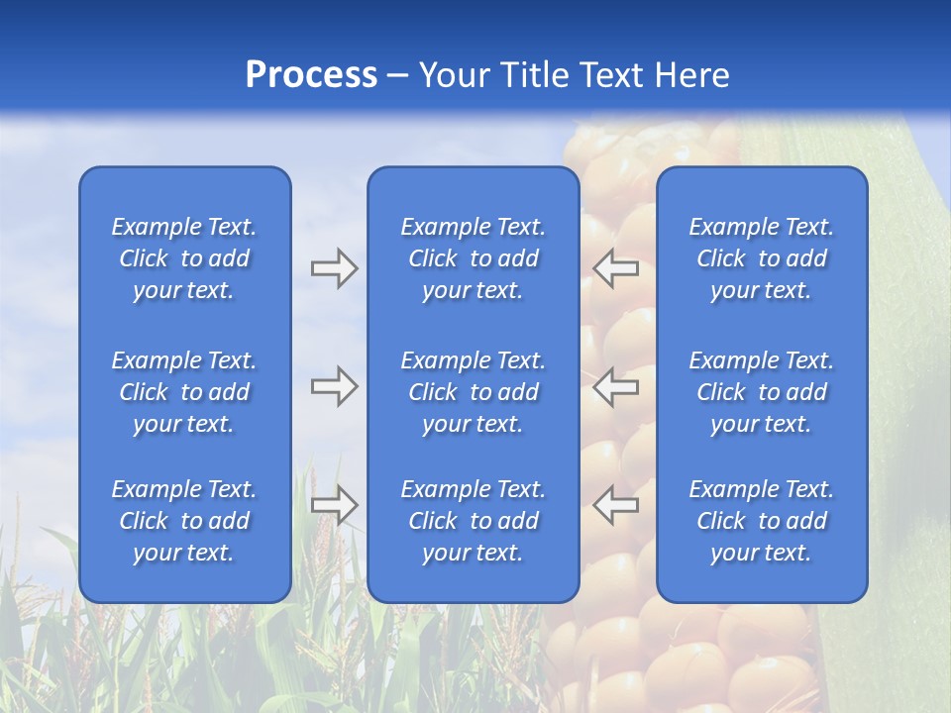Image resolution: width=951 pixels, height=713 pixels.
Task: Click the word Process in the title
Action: tap(311, 75)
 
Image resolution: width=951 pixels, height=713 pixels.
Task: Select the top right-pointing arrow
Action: tap(334, 268)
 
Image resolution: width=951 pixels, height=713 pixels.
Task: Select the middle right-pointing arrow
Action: tap(334, 386)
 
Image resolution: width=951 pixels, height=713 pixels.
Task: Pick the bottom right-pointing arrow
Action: tap(334, 505)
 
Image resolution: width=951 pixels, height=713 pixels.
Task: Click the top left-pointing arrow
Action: tap(615, 268)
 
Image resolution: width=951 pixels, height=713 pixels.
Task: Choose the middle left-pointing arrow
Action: tap(615, 386)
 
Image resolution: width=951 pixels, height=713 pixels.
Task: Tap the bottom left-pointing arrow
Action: tap(615, 505)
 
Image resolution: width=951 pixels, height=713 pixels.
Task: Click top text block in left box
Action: tap(184, 258)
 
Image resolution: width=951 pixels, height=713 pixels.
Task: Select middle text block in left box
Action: tap(184, 392)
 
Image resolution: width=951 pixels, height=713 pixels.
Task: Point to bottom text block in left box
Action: tap(184, 521)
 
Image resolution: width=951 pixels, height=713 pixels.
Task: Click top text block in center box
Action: tap(473, 258)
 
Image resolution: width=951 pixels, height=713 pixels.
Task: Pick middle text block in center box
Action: tap(473, 392)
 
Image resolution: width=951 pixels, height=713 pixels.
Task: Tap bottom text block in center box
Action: tap(473, 521)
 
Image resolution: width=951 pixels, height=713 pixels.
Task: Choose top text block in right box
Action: tap(761, 258)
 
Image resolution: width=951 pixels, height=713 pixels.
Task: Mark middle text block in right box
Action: tap(761, 392)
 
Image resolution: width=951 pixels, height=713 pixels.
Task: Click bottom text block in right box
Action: tap(761, 521)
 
